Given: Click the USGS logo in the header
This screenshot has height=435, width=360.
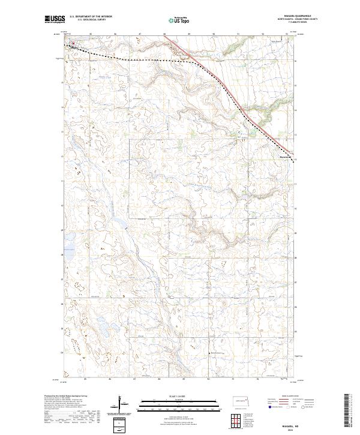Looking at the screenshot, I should (x=55, y=19).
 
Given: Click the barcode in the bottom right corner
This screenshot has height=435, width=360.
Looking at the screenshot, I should (x=348, y=411).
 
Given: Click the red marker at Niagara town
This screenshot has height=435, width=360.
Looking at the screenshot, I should (x=73, y=43).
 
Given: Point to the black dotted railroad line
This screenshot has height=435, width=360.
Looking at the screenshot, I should (x=150, y=60).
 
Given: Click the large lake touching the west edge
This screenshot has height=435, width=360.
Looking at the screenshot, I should (x=67, y=254).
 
